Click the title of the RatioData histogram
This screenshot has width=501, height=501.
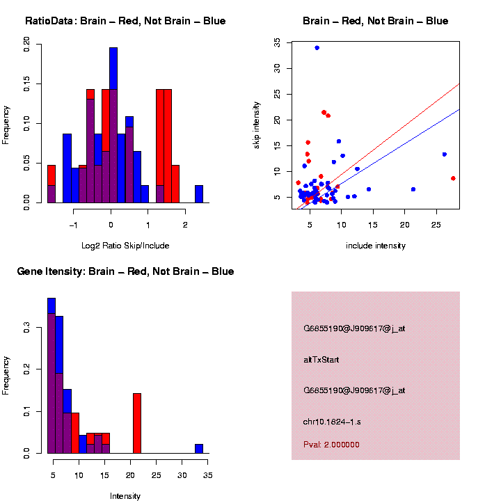[125, 21]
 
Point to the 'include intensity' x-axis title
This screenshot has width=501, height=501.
[375, 246]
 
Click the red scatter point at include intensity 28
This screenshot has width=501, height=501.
[453, 179]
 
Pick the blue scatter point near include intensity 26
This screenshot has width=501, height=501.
[445, 154]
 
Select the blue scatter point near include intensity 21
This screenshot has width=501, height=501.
[413, 189]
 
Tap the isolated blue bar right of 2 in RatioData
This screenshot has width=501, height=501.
[199, 194]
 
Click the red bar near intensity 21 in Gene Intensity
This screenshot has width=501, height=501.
[137, 423]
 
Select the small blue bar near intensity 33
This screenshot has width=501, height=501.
[199, 449]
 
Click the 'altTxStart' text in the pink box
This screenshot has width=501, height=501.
[321, 360]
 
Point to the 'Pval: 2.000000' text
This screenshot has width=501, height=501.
[331, 445]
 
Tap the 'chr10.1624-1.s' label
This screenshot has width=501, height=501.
[332, 422]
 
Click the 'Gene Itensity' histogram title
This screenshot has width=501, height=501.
[125, 271]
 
